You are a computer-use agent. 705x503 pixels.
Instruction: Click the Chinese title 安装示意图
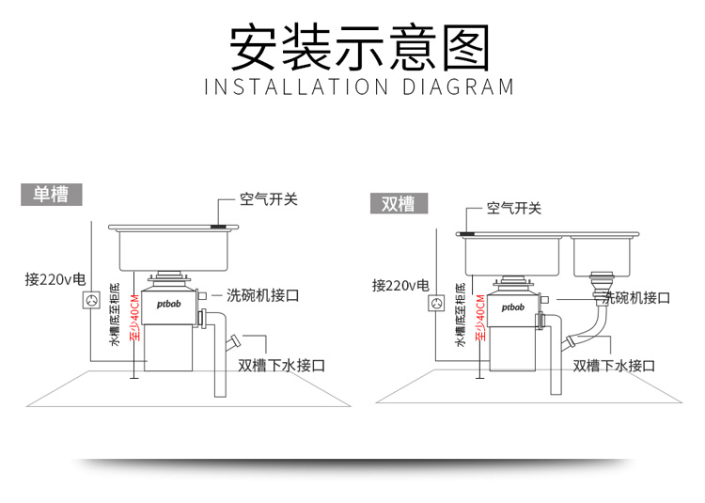(x=360, y=48)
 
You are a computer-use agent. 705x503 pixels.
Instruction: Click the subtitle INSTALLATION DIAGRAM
(x=359, y=86)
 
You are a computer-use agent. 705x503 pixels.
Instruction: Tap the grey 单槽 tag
(x=52, y=195)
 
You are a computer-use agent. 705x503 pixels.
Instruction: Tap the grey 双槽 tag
(x=399, y=204)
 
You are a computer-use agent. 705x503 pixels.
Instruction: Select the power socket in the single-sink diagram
(x=91, y=300)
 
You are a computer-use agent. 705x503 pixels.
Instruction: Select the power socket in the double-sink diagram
(x=436, y=303)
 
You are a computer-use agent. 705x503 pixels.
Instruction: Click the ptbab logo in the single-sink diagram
(x=168, y=305)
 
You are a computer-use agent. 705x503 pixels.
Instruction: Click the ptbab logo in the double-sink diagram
(x=513, y=308)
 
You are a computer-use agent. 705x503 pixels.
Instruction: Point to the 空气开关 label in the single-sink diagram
(x=269, y=199)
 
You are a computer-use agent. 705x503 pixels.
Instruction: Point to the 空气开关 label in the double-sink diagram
(x=514, y=208)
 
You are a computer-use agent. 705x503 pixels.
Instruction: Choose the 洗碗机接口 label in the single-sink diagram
(x=262, y=295)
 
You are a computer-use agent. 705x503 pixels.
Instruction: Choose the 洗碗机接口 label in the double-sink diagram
(x=635, y=298)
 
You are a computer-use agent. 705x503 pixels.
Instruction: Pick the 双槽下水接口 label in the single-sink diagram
(x=281, y=365)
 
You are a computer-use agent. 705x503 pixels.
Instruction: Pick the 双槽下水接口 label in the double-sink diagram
(x=614, y=366)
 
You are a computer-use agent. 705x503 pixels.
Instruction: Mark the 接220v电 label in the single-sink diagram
(x=55, y=279)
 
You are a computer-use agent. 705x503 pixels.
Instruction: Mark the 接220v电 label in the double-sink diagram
(x=400, y=286)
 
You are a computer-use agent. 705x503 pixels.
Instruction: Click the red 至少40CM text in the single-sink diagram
(x=134, y=318)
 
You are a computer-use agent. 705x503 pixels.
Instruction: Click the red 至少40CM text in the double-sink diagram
(x=480, y=318)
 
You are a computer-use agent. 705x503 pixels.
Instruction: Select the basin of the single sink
(x=174, y=250)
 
